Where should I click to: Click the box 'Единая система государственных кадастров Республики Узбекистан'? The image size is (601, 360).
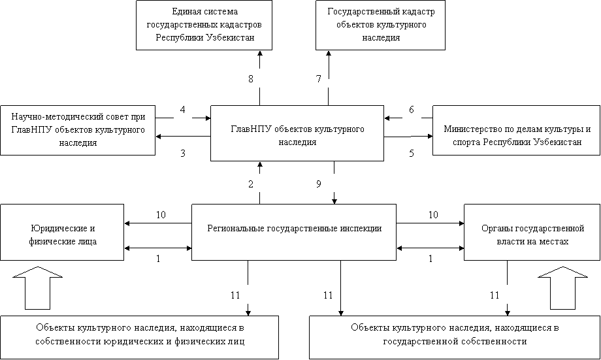pyautogui.click(x=204, y=25)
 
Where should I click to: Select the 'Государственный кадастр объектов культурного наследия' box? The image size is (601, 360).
pyautogui.click(x=380, y=25)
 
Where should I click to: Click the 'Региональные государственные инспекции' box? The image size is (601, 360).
pyautogui.click(x=294, y=229)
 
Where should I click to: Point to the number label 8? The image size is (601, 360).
pyautogui.click(x=250, y=79)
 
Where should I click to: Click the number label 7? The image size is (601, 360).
pyautogui.click(x=318, y=79)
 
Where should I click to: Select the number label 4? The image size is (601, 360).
pyautogui.click(x=183, y=110)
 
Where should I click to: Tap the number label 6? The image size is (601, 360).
pyautogui.click(x=412, y=110)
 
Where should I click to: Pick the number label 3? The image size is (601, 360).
pyautogui.click(x=183, y=154)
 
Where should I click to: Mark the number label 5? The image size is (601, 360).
pyautogui.click(x=412, y=154)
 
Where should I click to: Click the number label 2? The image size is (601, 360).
pyautogui.click(x=250, y=184)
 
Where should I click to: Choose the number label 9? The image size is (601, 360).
pyautogui.click(x=318, y=184)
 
